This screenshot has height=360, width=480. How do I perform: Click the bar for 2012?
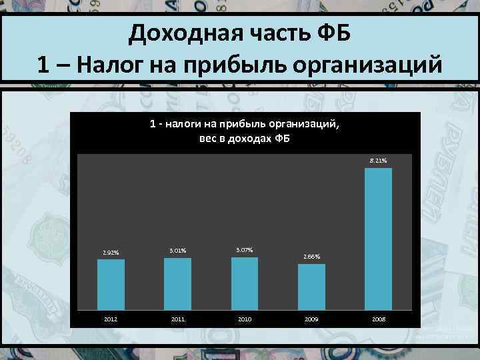[x=111, y=284]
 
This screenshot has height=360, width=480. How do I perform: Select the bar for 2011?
[x=177, y=283]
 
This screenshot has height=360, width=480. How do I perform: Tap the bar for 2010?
[x=245, y=283]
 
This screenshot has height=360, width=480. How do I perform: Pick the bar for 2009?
[x=311, y=287]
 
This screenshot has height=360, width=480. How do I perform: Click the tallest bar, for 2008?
[x=378, y=239]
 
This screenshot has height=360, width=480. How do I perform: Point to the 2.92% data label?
[x=111, y=253]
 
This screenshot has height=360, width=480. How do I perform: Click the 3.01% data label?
[x=178, y=251]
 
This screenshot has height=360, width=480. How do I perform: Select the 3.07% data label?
[x=245, y=249]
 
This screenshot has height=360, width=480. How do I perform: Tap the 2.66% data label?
[x=311, y=257]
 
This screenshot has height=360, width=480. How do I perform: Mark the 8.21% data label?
[x=378, y=161]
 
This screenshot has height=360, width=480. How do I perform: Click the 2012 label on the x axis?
[x=111, y=319]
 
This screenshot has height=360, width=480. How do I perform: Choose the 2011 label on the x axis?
[x=177, y=319]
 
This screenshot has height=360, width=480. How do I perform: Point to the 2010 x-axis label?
[x=245, y=319]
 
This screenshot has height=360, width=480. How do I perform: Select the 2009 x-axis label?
[x=311, y=319]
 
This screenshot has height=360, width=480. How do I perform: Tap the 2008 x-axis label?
[x=378, y=319]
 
